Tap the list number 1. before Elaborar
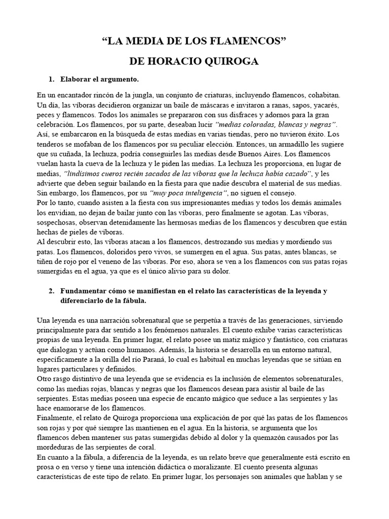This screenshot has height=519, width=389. click(51, 80)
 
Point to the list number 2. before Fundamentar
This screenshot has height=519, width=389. click(51, 291)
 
